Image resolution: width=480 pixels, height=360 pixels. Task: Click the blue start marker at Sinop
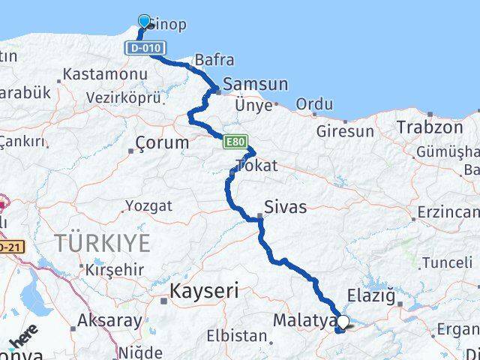144,21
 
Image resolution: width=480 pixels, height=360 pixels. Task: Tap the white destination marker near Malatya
343,322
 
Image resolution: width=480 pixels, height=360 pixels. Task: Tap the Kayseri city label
204,290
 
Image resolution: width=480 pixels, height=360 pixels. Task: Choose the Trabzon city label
430,127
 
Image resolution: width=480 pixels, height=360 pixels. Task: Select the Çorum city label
162,142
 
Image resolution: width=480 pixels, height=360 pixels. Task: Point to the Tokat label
256,165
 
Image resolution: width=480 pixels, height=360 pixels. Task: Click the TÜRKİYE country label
102,243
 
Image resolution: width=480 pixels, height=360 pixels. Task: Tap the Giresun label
345,131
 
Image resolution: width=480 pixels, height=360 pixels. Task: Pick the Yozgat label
148,205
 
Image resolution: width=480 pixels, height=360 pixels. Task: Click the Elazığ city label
371,295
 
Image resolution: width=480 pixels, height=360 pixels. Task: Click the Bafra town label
214,60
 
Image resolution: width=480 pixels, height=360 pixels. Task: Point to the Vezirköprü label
124,97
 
